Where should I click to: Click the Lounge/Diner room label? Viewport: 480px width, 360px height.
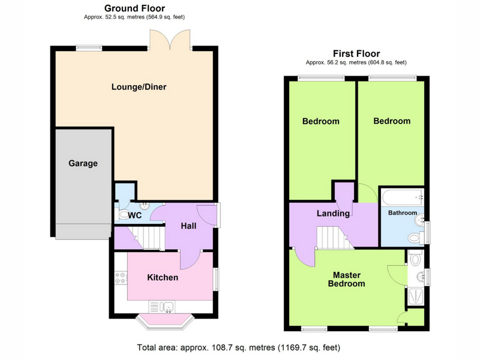point(139,87)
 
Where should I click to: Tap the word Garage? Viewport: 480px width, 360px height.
point(83,163)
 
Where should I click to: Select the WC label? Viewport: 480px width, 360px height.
point(134,215)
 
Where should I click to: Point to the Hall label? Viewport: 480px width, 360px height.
point(188,226)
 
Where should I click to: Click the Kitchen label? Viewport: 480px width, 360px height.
point(163,277)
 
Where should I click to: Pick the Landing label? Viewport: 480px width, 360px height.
point(333,214)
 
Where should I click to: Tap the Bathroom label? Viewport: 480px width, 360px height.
point(403,213)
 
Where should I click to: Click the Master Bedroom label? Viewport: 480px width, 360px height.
point(347,279)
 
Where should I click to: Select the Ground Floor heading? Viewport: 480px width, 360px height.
point(134,8)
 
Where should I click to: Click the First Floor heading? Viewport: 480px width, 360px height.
point(356,53)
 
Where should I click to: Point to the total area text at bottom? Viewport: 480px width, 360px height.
point(238,348)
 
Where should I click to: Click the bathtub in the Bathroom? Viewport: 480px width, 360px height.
point(402,197)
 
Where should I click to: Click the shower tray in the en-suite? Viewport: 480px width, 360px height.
point(416,296)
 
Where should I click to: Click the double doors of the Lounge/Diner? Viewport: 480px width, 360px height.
point(170,40)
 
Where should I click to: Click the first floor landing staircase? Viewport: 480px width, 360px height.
point(334,238)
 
